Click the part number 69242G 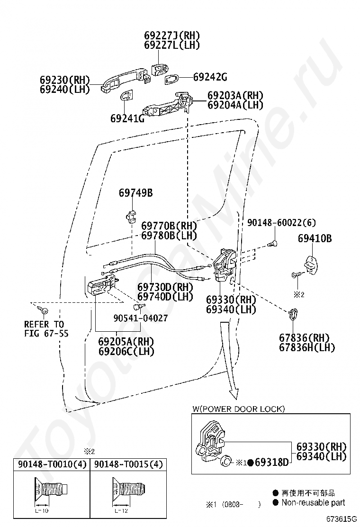(x=210, y=77)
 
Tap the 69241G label (x=127, y=118)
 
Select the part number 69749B (x=135, y=193)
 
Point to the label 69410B (x=315, y=238)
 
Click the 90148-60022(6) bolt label (x=281, y=222)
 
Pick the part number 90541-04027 (x=140, y=318)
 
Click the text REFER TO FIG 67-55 (x=46, y=329)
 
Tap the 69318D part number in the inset (x=272, y=463)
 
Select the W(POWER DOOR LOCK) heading (x=238, y=409)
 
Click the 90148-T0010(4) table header (x=52, y=464)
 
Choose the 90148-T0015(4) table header (x=128, y=464)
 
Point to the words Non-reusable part (x=313, y=503)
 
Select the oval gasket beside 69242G (x=171, y=79)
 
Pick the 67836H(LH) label (x=307, y=347)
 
